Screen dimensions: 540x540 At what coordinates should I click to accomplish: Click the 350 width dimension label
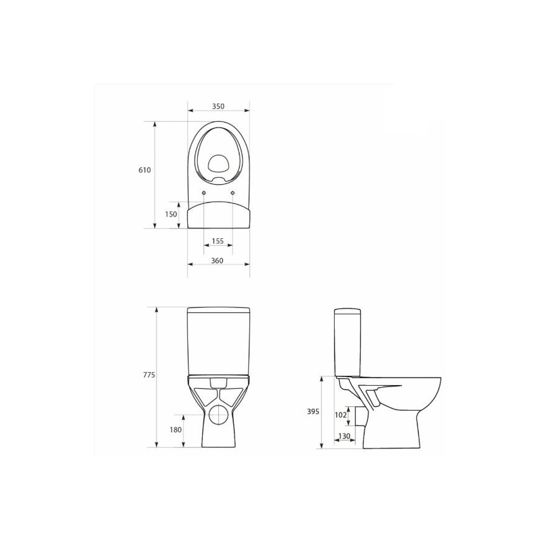(x=218, y=106)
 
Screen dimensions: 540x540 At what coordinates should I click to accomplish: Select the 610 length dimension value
(x=145, y=170)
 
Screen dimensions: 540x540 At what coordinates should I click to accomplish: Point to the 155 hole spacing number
(x=218, y=241)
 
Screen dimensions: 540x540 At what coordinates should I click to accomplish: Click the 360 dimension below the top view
(x=217, y=260)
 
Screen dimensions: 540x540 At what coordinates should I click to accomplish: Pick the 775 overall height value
(x=147, y=375)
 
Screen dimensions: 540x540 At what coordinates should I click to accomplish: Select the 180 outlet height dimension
(x=175, y=430)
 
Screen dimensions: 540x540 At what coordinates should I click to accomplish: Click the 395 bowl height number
(x=313, y=411)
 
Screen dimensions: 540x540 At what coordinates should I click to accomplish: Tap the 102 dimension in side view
(x=340, y=414)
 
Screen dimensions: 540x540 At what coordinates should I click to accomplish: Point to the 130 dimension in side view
(x=343, y=435)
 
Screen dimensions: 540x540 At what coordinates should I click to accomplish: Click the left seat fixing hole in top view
(x=204, y=193)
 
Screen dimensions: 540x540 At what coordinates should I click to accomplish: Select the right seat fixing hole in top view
(x=233, y=193)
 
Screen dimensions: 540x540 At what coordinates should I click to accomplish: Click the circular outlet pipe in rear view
(x=218, y=416)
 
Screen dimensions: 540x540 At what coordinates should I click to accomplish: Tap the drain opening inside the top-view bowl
(x=218, y=164)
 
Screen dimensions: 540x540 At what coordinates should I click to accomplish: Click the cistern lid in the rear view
(x=218, y=310)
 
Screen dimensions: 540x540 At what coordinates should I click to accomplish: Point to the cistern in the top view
(x=218, y=215)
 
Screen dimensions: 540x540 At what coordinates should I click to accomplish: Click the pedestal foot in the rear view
(x=218, y=439)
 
